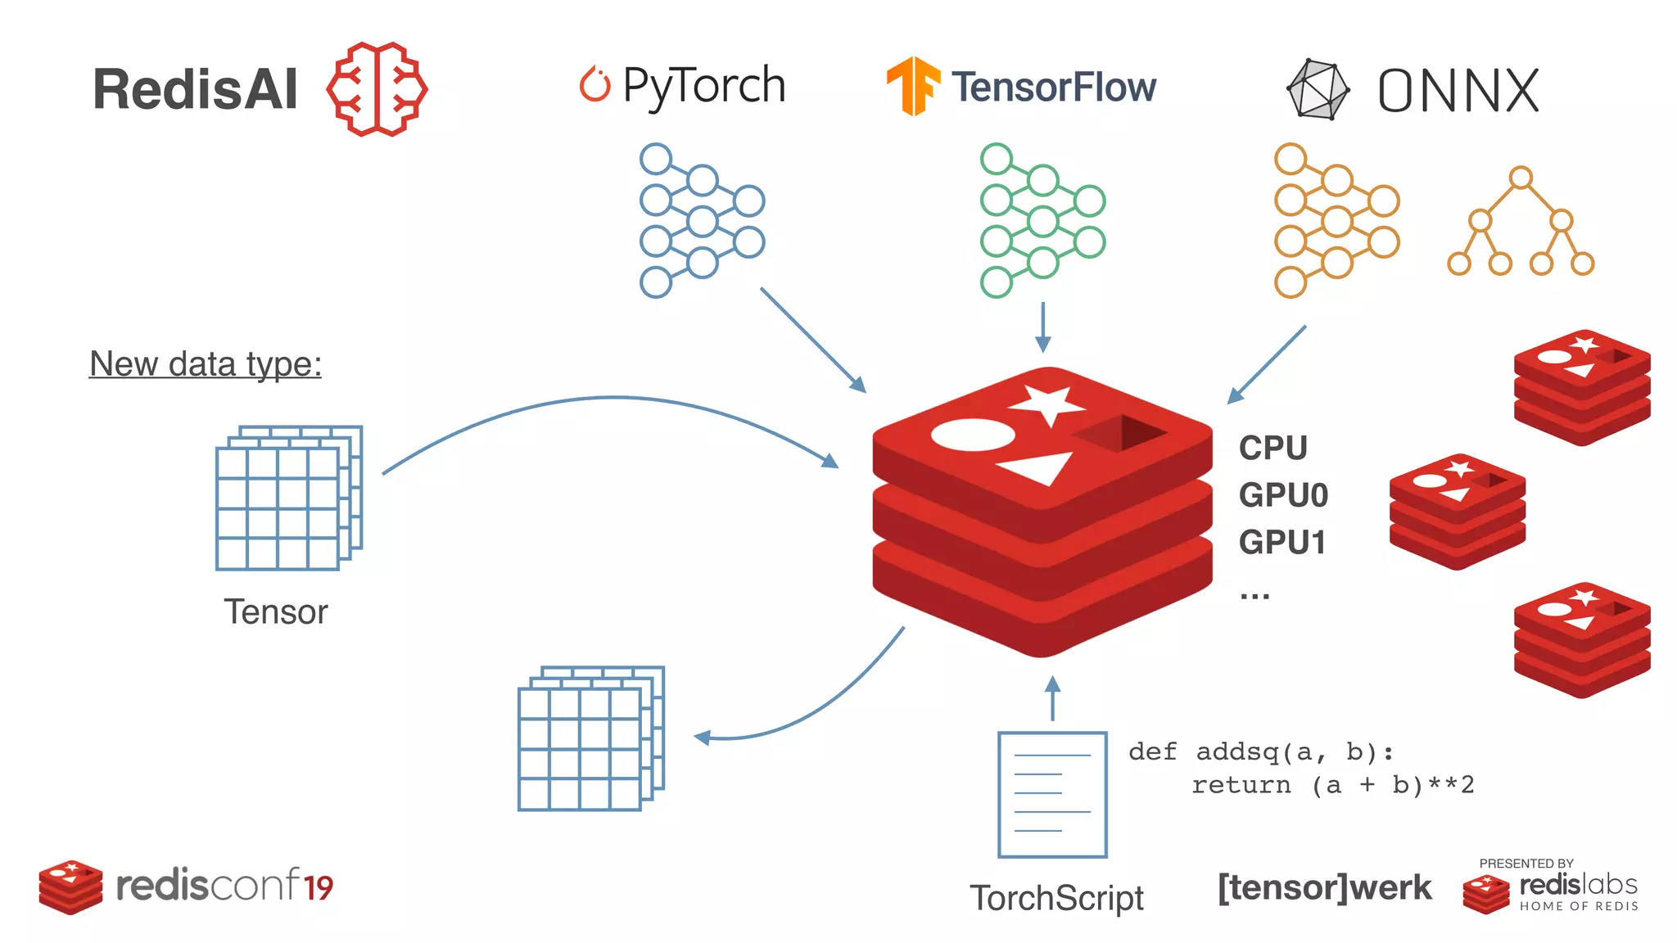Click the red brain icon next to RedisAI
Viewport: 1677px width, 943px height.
click(377, 88)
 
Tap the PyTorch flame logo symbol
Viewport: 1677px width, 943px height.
click(595, 84)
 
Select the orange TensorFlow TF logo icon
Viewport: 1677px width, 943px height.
click(912, 86)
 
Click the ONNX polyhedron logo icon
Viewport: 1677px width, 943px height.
click(1318, 89)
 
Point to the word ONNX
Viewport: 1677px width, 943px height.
click(1458, 90)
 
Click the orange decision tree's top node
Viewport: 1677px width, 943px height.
click(1521, 177)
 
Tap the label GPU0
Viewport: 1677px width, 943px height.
click(1283, 495)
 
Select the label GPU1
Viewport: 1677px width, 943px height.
click(1281, 543)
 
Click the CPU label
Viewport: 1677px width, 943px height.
click(1272, 448)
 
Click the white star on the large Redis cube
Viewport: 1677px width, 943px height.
click(1047, 404)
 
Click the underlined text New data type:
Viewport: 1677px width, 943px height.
click(205, 363)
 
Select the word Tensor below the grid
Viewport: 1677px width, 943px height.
click(276, 611)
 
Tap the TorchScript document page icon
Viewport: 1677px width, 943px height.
click(1052, 794)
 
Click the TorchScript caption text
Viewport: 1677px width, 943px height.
click(1056, 898)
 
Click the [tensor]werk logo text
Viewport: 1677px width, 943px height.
click(1324, 887)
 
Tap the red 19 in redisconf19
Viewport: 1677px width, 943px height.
click(319, 887)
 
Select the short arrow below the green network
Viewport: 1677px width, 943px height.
click(1042, 327)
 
